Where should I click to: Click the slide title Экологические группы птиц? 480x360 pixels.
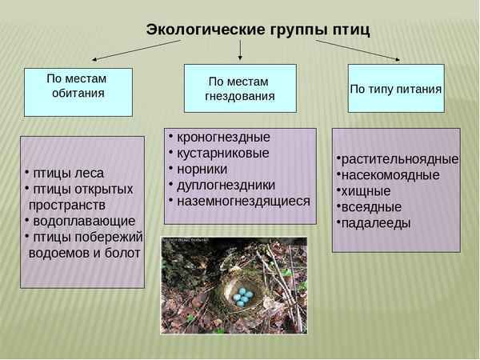(x=258, y=30)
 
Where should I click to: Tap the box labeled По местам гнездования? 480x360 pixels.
(x=240, y=89)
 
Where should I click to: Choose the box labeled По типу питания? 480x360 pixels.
(x=396, y=88)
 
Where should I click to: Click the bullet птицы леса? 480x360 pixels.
(x=67, y=173)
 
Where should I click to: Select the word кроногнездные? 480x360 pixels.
(x=223, y=137)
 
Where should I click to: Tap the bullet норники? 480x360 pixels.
(x=202, y=169)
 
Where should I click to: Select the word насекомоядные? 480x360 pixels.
(x=390, y=174)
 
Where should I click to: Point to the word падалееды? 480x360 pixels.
(x=375, y=222)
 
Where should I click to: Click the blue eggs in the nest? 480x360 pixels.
(x=243, y=297)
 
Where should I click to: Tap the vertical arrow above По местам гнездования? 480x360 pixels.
(x=240, y=50)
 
